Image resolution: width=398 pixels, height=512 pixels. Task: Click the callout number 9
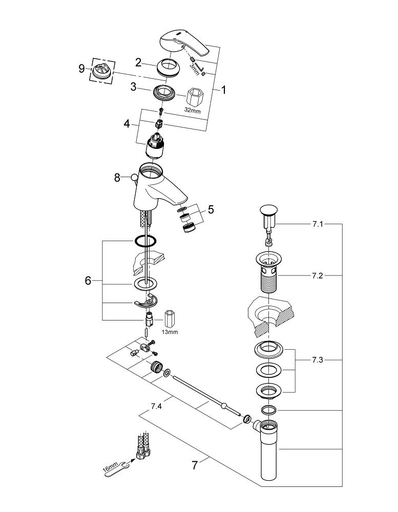point(81,69)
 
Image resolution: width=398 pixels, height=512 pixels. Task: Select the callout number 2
point(138,62)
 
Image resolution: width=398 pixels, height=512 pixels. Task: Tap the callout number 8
point(117,178)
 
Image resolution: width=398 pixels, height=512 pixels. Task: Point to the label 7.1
point(317,224)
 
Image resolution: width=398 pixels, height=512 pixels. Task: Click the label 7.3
point(317,360)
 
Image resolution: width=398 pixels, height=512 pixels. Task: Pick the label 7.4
point(156,406)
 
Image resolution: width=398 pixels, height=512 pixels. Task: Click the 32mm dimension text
point(193,110)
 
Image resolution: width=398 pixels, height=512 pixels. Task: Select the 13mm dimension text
point(170,332)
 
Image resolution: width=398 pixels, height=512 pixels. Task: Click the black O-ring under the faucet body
point(145,241)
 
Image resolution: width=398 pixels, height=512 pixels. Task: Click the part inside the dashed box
point(102,70)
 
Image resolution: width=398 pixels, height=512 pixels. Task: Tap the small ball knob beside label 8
point(134,178)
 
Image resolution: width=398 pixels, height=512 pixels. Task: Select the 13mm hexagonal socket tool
point(169,318)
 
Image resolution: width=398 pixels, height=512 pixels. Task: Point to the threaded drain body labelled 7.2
point(268,270)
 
